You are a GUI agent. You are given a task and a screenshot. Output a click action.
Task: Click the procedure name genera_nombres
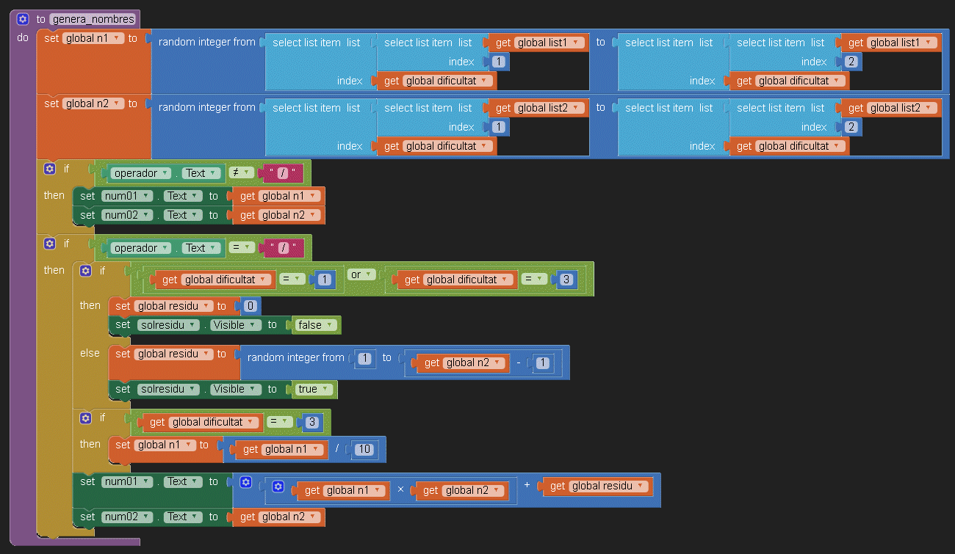pyautogui.click(x=93, y=19)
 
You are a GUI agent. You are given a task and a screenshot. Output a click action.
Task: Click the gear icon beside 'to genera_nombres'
pyautogui.click(x=23, y=19)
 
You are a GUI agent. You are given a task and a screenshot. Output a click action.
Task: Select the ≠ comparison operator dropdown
pyautogui.click(x=241, y=173)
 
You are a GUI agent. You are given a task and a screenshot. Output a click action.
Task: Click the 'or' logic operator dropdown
pyautogui.click(x=361, y=274)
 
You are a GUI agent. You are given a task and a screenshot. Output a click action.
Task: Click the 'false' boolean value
pyautogui.click(x=317, y=325)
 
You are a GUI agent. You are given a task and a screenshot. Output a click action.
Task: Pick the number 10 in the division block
pyautogui.click(x=364, y=449)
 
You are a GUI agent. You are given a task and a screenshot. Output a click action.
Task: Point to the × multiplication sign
pyautogui.click(x=401, y=490)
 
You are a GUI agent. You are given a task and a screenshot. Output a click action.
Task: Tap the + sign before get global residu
pyautogui.click(x=527, y=485)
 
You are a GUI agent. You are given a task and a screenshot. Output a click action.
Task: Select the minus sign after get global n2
pyautogui.click(x=518, y=362)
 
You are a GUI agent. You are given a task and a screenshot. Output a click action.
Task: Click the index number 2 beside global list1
pyautogui.click(x=851, y=62)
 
